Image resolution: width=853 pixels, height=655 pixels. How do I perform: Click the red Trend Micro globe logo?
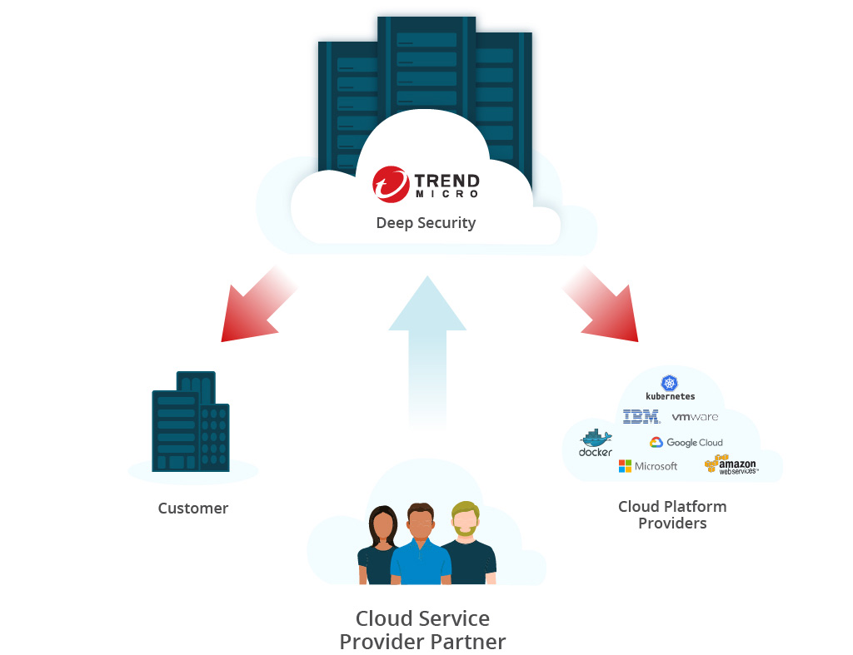tap(391, 185)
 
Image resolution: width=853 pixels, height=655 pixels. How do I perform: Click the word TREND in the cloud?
tap(446, 180)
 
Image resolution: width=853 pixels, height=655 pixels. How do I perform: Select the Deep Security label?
tap(426, 223)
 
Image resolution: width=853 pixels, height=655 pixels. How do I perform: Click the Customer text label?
tap(193, 508)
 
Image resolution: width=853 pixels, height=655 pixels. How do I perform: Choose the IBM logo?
tap(641, 416)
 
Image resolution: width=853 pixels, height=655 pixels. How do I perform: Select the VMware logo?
tap(695, 416)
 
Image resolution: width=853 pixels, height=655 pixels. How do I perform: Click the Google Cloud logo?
tap(686, 443)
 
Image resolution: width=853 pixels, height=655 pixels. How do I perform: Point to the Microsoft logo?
tap(648, 466)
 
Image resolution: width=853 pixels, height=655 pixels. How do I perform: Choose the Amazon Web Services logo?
tap(730, 465)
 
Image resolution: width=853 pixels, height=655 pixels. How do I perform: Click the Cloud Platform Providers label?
tap(672, 514)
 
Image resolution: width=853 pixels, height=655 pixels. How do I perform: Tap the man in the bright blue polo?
tap(421, 545)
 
